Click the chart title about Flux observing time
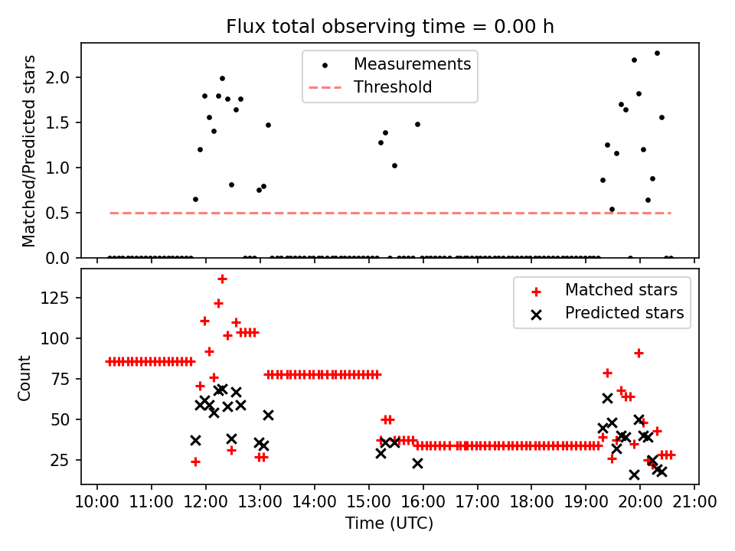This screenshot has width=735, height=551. pyautogui.click(x=390, y=27)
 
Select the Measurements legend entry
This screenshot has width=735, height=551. pyautogui.click(x=412, y=64)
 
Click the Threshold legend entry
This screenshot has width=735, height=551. pyautogui.click(x=393, y=87)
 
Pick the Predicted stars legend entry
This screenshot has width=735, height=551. pyautogui.click(x=624, y=312)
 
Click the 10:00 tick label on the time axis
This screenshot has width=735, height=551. pyautogui.click(x=97, y=502)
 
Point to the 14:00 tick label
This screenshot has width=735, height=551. pyautogui.click(x=315, y=502)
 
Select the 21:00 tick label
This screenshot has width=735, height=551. pyautogui.click(x=694, y=502)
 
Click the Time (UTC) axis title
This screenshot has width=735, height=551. pyautogui.click(x=390, y=523)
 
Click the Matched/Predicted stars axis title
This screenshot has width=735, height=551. pyautogui.click(x=28, y=151)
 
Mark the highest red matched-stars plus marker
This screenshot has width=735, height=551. pyautogui.click(x=222, y=279)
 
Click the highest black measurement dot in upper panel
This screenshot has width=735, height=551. pyautogui.click(x=657, y=53)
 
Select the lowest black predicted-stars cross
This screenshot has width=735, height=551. pyautogui.click(x=634, y=474)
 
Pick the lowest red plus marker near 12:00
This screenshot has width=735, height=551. pyautogui.click(x=195, y=461)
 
